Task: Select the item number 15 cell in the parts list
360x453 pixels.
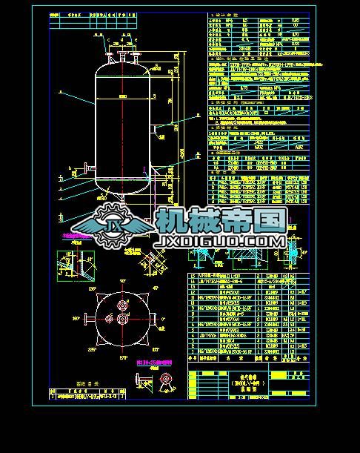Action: (193, 275)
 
